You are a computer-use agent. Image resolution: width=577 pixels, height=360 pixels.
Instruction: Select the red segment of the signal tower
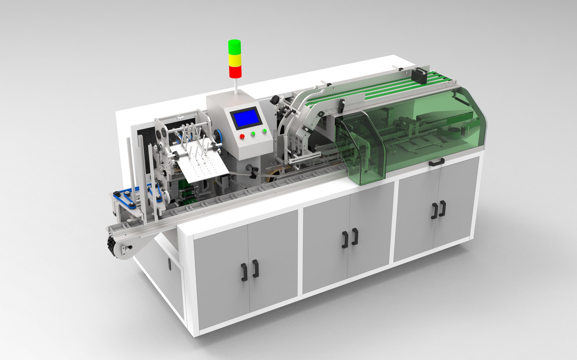pyautogui.click(x=235, y=71)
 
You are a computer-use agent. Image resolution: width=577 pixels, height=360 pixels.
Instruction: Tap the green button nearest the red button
pyautogui.click(x=253, y=134)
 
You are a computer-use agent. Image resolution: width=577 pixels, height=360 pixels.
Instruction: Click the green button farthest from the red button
pyautogui.click(x=264, y=131)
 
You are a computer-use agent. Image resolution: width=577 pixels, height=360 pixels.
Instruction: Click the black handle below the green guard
pyautogui.click(x=437, y=162)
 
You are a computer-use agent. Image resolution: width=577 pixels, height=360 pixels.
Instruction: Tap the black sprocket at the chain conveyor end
pyautogui.click(x=111, y=246)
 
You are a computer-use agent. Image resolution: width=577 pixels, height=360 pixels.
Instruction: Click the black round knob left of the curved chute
pyautogui.click(x=275, y=99)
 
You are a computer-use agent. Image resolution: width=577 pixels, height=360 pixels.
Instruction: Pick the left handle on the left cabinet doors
pyautogui.click(x=244, y=272)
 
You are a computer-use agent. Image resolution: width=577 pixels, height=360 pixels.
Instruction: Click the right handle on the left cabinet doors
pyautogui.click(x=255, y=268)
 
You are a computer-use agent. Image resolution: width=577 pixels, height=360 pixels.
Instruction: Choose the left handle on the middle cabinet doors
pyautogui.click(x=345, y=239)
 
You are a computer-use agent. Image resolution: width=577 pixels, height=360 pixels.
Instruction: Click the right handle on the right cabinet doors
pyautogui.click(x=443, y=208)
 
